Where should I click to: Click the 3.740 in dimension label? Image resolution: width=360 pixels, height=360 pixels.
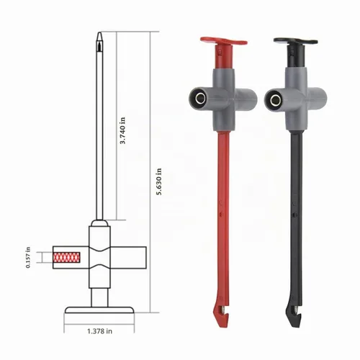[x=122, y=130]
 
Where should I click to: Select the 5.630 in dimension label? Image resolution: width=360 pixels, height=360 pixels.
[x=159, y=181]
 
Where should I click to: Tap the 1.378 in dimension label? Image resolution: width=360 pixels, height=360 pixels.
[x=99, y=331]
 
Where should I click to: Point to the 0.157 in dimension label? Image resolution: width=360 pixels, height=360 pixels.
[x=28, y=257]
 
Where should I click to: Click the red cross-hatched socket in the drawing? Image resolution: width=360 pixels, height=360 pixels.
[x=66, y=258]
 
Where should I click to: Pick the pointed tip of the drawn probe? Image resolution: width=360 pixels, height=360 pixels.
[x=99, y=33]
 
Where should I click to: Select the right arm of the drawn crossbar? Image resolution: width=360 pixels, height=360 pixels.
[x=128, y=258]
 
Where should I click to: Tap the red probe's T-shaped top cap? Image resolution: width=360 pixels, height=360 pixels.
[x=224, y=42]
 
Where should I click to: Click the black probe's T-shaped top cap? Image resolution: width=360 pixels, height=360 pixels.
[x=296, y=41]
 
